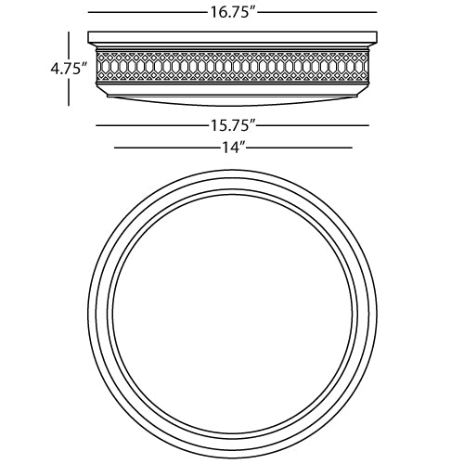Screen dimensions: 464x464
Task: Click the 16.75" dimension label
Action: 230,12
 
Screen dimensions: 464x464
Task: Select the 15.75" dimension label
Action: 230,125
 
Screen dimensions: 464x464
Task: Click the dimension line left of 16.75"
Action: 148,12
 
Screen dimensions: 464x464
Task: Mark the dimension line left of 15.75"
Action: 151,125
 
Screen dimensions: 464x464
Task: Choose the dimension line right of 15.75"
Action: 313,125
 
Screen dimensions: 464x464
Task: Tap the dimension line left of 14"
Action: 167,148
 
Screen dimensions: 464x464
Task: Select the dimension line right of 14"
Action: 299,148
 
